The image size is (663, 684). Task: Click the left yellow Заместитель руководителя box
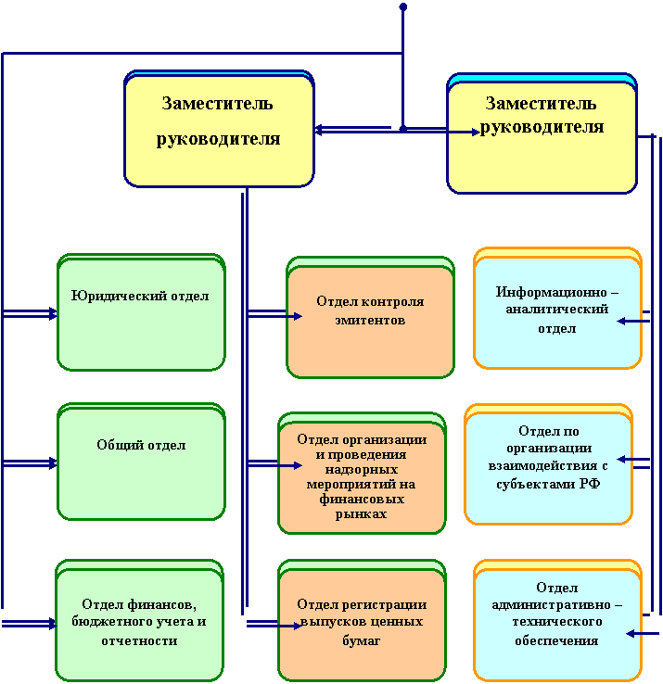[219, 129]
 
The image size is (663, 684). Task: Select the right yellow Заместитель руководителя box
[542, 133]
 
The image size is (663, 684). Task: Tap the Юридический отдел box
[142, 312]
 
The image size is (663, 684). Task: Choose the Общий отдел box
[142, 462]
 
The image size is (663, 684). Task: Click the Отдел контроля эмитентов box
[370, 318]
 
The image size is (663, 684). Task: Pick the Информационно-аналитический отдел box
[558, 309]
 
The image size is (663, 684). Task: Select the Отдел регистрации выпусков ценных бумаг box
[362, 621]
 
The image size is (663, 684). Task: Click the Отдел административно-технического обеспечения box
[558, 621]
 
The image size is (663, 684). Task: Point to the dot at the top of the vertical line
[403, 7]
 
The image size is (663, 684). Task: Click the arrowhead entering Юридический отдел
[53, 313]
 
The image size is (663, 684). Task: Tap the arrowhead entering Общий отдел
[53, 463]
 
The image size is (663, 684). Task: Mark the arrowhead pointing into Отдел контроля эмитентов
[298, 316]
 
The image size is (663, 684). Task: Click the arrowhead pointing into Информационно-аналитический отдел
[621, 322]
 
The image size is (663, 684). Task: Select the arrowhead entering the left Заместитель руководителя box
[319, 130]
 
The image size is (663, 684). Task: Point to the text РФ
[591, 483]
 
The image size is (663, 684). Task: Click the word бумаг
[362, 640]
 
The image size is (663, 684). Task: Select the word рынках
[361, 513]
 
